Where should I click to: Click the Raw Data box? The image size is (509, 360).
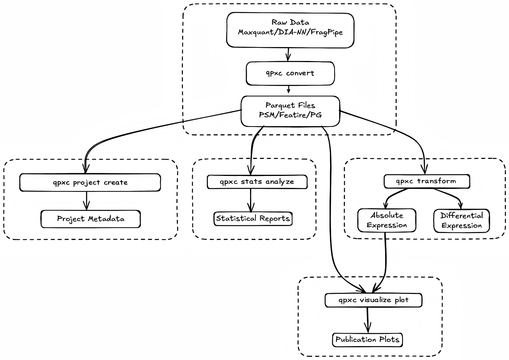click(x=290, y=30)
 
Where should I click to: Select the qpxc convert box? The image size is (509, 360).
click(x=290, y=73)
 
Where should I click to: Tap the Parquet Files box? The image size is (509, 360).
click(x=290, y=111)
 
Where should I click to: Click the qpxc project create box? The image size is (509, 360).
click(x=90, y=183)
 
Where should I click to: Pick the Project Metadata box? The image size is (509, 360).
click(x=91, y=219)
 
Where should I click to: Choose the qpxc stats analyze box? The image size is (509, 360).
click(x=257, y=182)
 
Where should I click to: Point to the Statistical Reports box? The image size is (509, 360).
click(x=253, y=218)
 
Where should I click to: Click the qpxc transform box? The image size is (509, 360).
click(x=426, y=181)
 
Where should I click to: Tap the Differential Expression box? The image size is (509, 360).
click(x=462, y=221)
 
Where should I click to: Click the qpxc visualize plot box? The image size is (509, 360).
click(x=373, y=300)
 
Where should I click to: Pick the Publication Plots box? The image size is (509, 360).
click(x=367, y=340)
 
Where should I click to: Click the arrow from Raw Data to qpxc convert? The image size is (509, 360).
click(x=287, y=54)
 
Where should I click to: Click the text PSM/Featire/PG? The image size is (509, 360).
click(x=290, y=115)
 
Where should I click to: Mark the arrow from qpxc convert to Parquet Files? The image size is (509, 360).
click(x=289, y=90)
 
